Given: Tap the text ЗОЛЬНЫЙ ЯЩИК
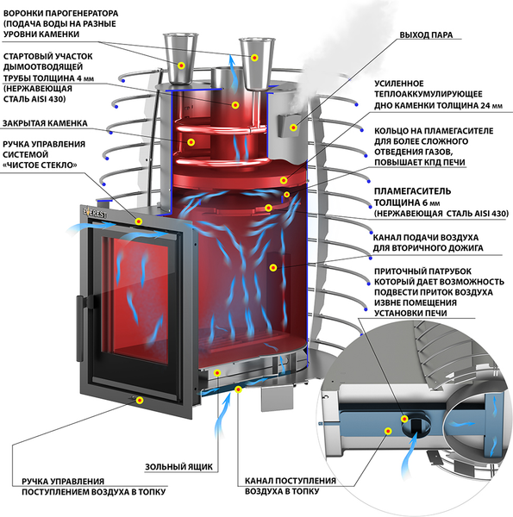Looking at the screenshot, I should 176,466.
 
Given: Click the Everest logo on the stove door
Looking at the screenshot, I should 95,212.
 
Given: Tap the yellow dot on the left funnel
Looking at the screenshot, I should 181,65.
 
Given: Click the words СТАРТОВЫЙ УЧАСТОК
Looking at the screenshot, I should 46,56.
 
